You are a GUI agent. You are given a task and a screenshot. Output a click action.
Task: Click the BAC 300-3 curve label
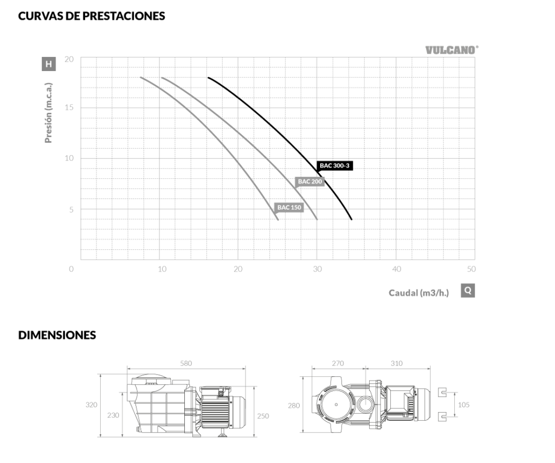[x=334, y=166]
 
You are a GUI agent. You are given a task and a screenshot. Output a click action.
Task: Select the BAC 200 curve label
[x=309, y=182]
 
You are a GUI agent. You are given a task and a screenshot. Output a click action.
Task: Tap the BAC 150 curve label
[x=289, y=208]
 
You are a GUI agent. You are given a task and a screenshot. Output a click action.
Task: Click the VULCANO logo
[x=451, y=50]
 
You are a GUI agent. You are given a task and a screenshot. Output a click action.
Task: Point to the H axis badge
[x=49, y=64]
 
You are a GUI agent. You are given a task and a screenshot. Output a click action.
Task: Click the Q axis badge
[x=468, y=291]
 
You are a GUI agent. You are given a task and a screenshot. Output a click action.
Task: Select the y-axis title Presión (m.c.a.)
[x=48, y=113]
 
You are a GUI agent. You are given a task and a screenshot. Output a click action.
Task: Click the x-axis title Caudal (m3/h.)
[x=419, y=293]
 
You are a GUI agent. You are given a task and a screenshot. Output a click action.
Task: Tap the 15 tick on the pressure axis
[x=69, y=107]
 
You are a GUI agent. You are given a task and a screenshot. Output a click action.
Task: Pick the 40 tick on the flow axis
[x=396, y=269]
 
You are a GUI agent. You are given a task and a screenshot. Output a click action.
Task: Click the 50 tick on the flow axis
[x=471, y=269]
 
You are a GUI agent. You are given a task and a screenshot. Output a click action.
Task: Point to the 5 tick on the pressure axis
[x=71, y=210]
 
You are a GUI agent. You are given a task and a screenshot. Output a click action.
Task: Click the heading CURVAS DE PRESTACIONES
[x=92, y=16]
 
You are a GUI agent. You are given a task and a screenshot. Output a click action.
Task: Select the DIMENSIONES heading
[x=57, y=335]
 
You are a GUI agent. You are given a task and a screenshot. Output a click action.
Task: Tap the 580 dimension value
[x=186, y=363]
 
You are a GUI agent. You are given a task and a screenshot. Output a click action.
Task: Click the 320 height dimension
[x=91, y=404]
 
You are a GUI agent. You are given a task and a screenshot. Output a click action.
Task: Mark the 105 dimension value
[x=464, y=404]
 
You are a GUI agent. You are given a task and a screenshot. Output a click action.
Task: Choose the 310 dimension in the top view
[x=397, y=363]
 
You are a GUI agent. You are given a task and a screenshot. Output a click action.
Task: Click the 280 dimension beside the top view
[x=294, y=406]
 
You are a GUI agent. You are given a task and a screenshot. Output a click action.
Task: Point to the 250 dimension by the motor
[x=263, y=416]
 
